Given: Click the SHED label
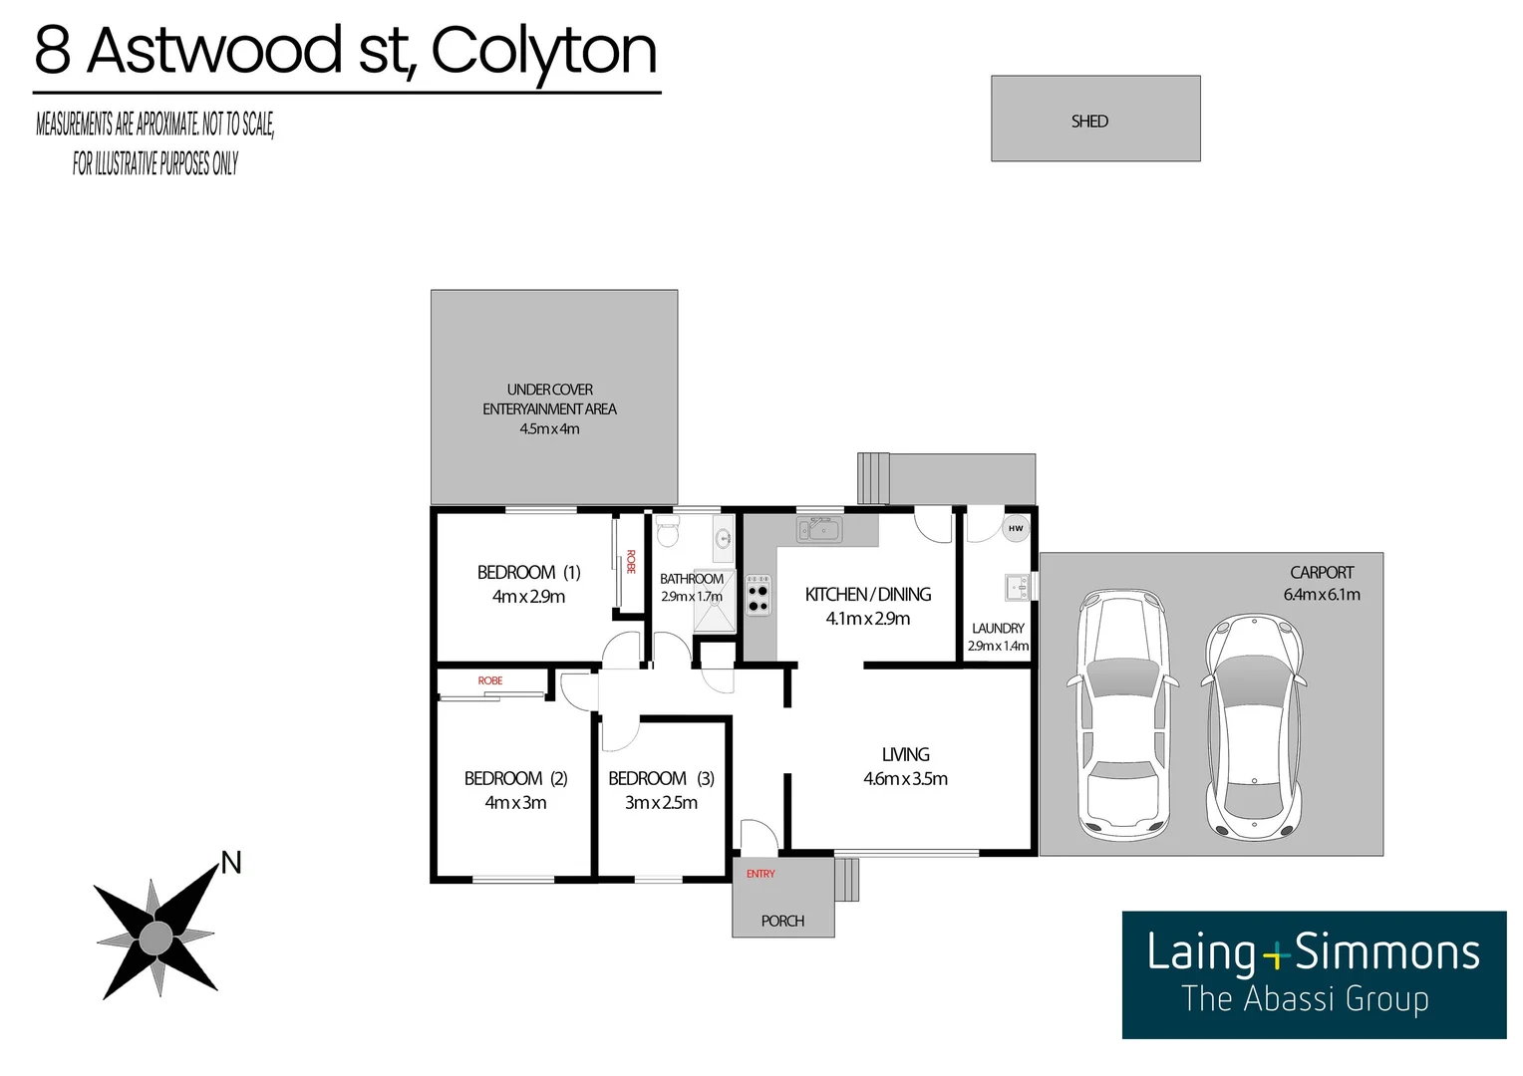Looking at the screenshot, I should [1089, 122].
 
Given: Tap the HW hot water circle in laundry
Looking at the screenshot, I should [1015, 528].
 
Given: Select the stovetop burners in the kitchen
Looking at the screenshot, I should [758, 595].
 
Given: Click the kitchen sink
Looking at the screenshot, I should [819, 529].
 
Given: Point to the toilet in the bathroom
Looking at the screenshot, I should [667, 535].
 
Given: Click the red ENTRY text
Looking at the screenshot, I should [761, 874].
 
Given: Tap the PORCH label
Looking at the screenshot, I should [782, 922].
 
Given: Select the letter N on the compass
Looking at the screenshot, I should [231, 863].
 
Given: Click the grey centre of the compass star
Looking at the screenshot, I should [155, 938].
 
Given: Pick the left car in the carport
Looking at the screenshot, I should [1122, 715].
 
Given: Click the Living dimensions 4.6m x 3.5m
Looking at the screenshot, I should [905, 779].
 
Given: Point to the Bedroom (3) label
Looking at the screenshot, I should [661, 778].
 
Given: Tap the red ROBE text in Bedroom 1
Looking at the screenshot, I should [631, 562].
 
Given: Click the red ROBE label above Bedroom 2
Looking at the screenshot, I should [489, 680].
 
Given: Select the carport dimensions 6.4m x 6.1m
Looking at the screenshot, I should [1322, 595].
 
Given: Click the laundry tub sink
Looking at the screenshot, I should [1017, 587].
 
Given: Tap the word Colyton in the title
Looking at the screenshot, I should [544, 52].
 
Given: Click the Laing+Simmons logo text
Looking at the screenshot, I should [1313, 952].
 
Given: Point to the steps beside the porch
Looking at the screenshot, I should [846, 880].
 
